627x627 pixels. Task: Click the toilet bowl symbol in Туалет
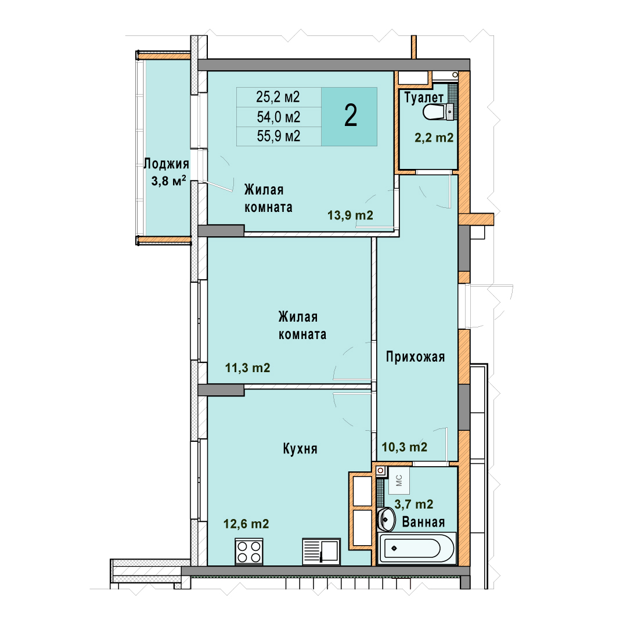coord(438,111)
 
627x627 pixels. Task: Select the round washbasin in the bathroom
coord(386,520)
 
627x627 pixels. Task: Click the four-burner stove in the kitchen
coord(249,552)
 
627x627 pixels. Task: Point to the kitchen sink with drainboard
coord(322,552)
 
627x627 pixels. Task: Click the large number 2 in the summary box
coord(351,116)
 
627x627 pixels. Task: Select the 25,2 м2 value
coord(278,97)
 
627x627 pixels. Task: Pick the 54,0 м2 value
coord(278,117)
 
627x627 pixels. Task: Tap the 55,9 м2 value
coord(278,136)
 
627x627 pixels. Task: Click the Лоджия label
coord(167,164)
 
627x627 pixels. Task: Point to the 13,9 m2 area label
coord(350,215)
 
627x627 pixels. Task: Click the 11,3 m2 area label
coord(247,367)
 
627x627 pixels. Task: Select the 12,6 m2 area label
coord(246,524)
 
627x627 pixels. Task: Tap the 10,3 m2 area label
coord(404,446)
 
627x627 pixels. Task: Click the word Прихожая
coord(416,356)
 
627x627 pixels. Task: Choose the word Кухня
coord(300,449)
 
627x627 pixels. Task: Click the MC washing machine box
coord(399,480)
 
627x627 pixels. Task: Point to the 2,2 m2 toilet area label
coord(434,138)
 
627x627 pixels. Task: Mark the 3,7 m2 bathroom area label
coord(414,504)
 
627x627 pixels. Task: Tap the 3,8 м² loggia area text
coord(168,181)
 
